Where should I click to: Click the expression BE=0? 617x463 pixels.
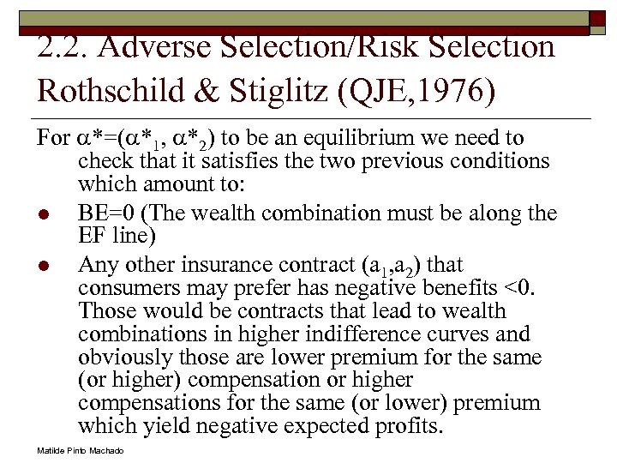107,213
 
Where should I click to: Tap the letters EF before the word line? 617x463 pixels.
93,234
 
